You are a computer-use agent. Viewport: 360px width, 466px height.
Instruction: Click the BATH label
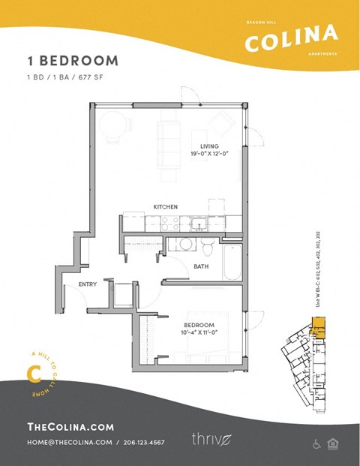pos(201,266)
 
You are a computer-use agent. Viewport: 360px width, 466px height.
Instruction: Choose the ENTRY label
pos(88,284)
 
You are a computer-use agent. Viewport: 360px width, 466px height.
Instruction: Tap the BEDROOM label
pos(199,325)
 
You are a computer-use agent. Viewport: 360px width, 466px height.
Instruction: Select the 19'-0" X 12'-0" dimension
pos(209,154)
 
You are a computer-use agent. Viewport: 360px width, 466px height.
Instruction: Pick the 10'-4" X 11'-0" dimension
pos(199,332)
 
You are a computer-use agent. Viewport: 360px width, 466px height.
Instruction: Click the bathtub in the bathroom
pos(232,262)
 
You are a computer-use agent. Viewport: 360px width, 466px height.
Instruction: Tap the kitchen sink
pos(199,223)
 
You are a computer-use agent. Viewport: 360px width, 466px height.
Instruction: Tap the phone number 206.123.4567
pos(144,443)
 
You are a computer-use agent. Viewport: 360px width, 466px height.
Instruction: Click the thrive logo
pos(208,439)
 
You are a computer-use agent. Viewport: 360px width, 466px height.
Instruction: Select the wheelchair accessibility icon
pos(316,444)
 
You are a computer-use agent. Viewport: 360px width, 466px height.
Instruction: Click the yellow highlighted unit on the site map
pos(319,326)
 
